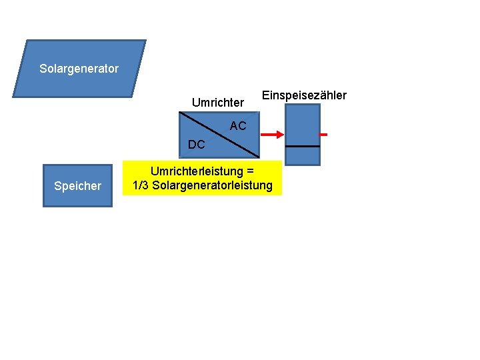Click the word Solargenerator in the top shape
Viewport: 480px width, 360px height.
click(x=79, y=69)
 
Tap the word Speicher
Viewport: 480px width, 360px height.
click(x=78, y=186)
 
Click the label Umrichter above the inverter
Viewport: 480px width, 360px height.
click(x=218, y=103)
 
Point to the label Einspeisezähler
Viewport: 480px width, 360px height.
click(x=304, y=95)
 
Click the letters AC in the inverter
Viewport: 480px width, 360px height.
click(x=238, y=126)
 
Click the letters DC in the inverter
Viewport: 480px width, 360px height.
click(x=197, y=145)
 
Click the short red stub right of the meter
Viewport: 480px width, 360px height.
click(x=323, y=135)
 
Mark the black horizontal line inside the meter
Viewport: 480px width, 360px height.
click(x=303, y=146)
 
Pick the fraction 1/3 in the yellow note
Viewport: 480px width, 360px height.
click(x=141, y=185)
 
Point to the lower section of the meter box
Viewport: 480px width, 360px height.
click(x=303, y=155)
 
